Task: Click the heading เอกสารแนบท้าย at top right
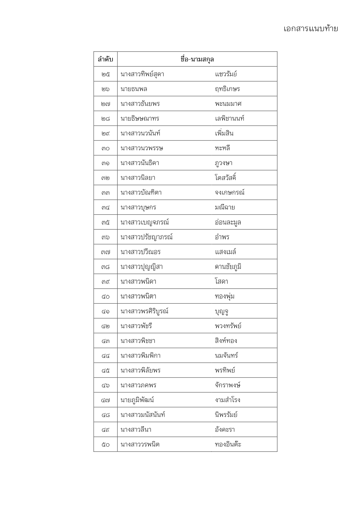(311, 29)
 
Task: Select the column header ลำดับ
(105, 59)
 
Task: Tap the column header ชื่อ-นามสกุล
(197, 59)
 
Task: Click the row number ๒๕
(106, 74)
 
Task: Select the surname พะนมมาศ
(228, 104)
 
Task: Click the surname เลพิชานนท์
(229, 119)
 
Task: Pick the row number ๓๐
(106, 148)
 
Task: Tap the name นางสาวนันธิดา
(140, 163)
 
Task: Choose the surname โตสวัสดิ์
(225, 178)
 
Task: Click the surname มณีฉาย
(225, 207)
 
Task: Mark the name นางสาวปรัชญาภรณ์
(146, 237)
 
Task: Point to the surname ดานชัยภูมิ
(228, 267)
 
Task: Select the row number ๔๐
(106, 297)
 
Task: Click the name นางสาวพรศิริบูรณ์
(144, 311)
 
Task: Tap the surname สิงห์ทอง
(226, 341)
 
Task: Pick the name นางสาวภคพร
(138, 385)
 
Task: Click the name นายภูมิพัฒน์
(137, 400)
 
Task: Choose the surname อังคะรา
(225, 430)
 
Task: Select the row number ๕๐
(106, 445)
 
